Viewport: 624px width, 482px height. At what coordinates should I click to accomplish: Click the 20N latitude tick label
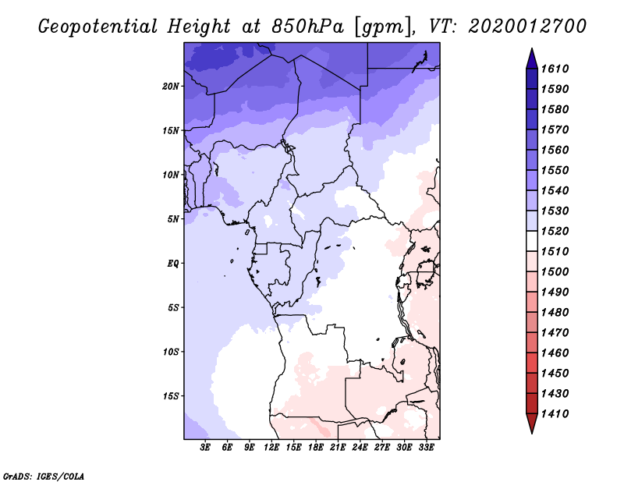coord(171,86)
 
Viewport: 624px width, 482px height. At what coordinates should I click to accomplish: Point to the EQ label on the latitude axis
coord(173,263)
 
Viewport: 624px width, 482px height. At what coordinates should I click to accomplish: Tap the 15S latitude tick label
coord(171,395)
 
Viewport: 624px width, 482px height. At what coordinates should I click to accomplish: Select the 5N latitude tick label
coord(173,218)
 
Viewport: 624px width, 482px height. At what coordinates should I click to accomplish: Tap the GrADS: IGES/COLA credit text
coord(44,475)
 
